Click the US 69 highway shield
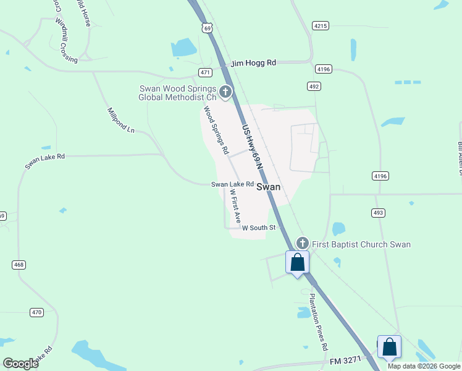pyautogui.click(x=208, y=28)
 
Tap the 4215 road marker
pyautogui.click(x=320, y=26)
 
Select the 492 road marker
pyautogui.click(x=314, y=86)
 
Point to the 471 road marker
pyautogui.click(x=206, y=72)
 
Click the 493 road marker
pyautogui.click(x=379, y=213)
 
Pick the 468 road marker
pyautogui.click(x=19, y=265)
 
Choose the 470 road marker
pyautogui.click(x=36, y=312)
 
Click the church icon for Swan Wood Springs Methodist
pyautogui.click(x=225, y=93)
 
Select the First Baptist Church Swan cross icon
pyautogui.click(x=302, y=244)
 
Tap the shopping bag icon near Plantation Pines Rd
pyautogui.click(x=297, y=263)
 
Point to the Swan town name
pyautogui.click(x=269, y=187)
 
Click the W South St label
pyautogui.click(x=258, y=228)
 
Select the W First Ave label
pyautogui.click(x=235, y=207)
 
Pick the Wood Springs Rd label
pyautogui.click(x=216, y=130)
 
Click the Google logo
pyautogui.click(x=21, y=364)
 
